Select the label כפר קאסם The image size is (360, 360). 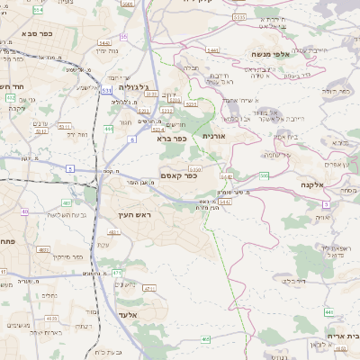pyautogui.click(x=181, y=175)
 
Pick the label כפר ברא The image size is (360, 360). pyautogui.click(x=170, y=139)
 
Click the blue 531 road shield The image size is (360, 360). pyautogui.click(x=107, y=90)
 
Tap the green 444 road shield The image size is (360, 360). pyautogui.click(x=108, y=129)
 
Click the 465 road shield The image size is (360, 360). pyautogui.click(x=206, y=339)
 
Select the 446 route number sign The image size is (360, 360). pyautogui.click(x=328, y=311)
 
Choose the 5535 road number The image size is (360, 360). pyautogui.click(x=238, y=16)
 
